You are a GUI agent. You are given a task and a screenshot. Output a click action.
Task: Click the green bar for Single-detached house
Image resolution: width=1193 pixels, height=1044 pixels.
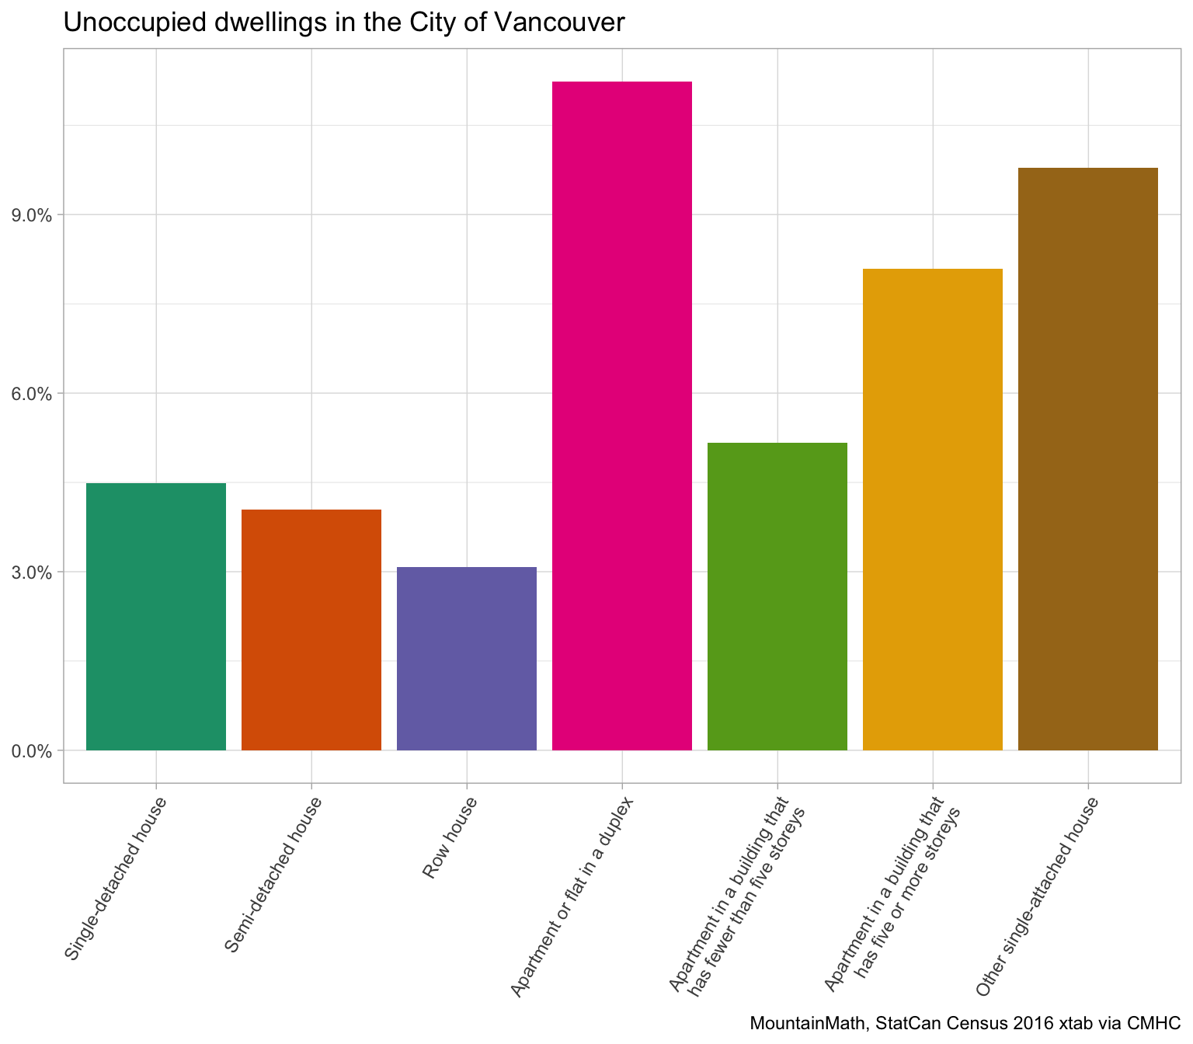coord(155,617)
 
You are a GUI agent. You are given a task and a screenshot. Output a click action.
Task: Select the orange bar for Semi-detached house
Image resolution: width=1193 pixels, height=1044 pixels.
coord(311,630)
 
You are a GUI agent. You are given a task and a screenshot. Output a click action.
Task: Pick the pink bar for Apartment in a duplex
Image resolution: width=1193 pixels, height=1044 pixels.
coord(621,416)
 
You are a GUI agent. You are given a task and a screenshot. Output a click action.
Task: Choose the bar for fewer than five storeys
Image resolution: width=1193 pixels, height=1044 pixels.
coord(777,597)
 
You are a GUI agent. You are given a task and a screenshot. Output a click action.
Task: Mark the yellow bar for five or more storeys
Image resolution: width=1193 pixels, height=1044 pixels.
coord(932,510)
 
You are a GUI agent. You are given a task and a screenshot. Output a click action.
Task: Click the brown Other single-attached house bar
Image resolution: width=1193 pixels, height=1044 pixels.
coord(1087,459)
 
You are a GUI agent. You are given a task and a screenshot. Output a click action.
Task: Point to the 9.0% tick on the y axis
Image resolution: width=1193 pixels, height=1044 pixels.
coord(32,215)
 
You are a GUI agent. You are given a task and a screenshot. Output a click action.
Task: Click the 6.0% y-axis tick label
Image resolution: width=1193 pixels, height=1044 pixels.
coord(32,394)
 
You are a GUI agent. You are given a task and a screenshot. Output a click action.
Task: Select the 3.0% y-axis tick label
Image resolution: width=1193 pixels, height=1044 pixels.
coord(32,572)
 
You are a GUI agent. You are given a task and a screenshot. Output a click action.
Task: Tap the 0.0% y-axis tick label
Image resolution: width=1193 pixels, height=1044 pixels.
coord(32,751)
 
